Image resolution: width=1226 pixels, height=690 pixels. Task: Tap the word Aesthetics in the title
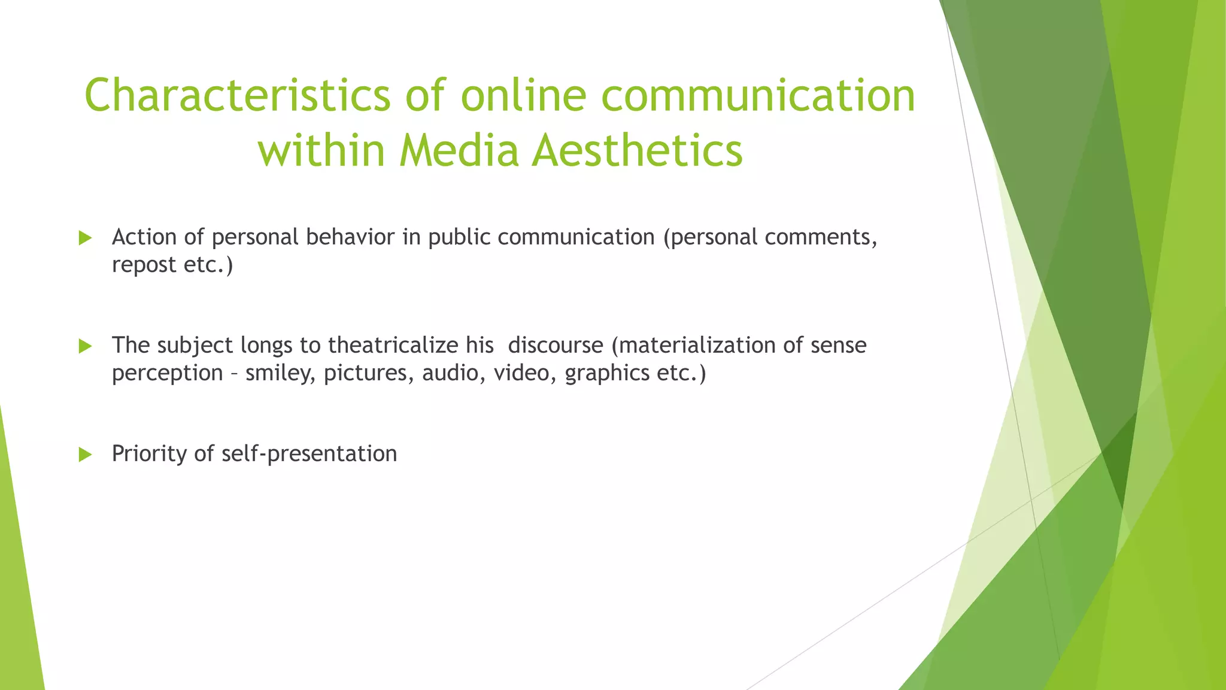[637, 150]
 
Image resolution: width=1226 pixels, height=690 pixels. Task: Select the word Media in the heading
[459, 150]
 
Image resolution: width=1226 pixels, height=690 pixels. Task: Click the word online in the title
[523, 96]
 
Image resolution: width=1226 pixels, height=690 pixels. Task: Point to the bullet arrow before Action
[85, 238]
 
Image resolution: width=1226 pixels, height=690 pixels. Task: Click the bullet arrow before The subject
[85, 346]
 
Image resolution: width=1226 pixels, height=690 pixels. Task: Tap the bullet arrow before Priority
[85, 455]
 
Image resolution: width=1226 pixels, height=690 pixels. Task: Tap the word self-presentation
[309, 454]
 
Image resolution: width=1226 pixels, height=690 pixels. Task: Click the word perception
[168, 374]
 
